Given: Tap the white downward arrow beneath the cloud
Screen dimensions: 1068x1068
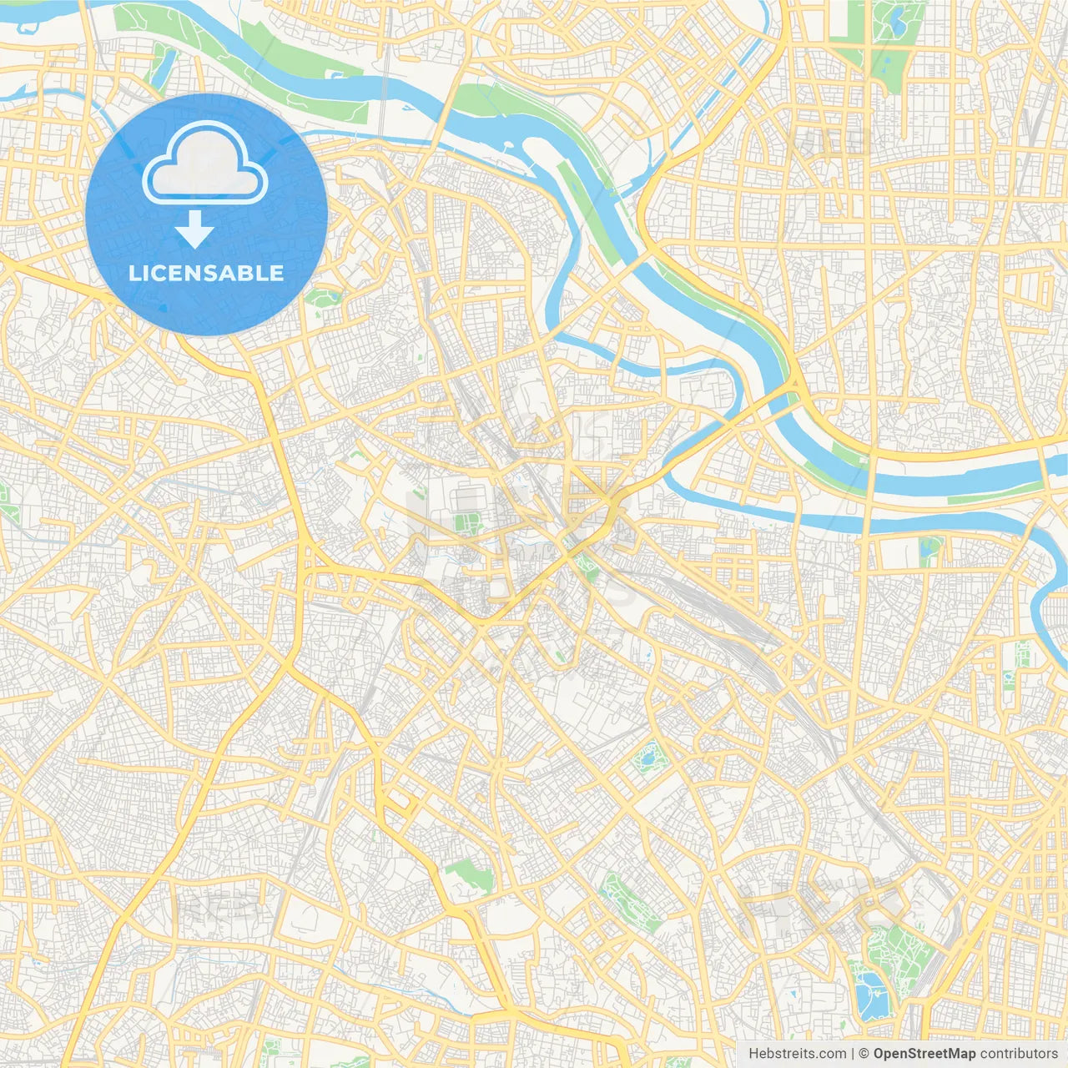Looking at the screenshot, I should pos(195,229).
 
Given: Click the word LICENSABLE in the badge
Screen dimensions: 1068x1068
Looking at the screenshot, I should pos(206,273).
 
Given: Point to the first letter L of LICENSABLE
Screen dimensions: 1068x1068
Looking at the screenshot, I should pos(133,273).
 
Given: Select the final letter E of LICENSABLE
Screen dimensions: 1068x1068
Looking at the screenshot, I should pos(277,273).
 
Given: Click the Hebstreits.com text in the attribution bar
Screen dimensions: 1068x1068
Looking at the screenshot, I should pos(797,1054).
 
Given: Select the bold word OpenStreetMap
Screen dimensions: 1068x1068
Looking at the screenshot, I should pos(924,1054).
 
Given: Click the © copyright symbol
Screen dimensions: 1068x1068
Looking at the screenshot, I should pos(864,1054).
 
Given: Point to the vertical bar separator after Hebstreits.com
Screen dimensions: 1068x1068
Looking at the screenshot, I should pos(853,1054).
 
